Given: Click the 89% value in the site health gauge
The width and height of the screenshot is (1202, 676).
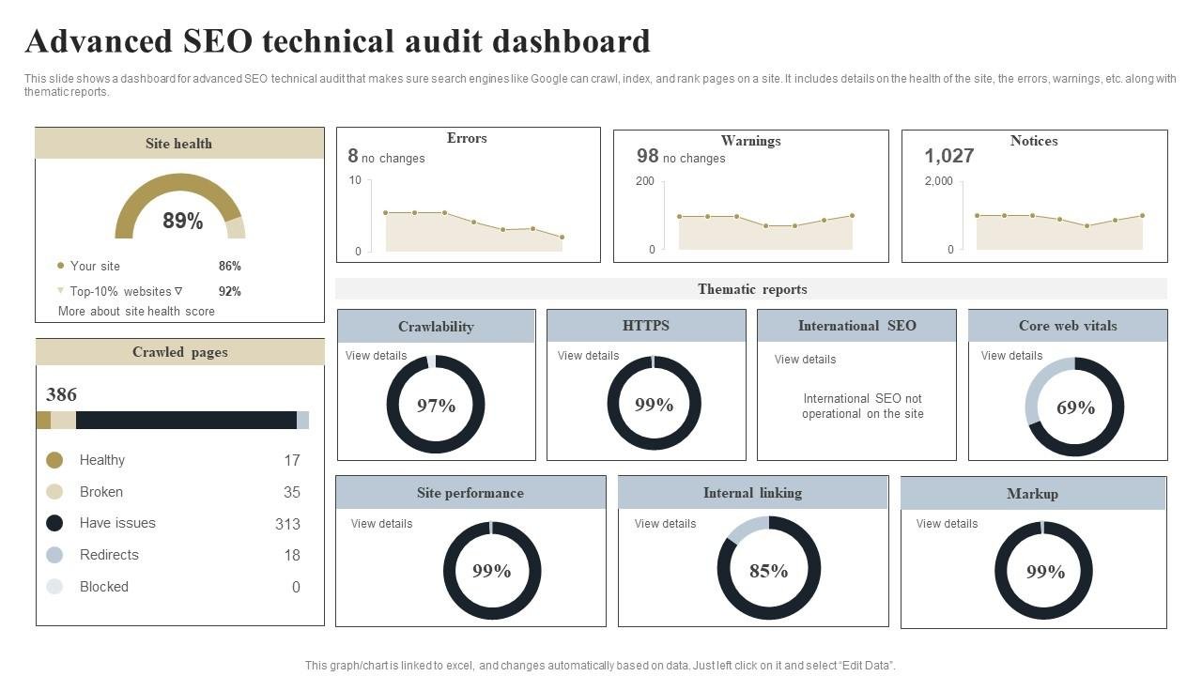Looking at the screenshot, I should coord(182,221).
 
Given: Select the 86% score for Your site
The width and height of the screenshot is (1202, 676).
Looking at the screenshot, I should coord(229,266).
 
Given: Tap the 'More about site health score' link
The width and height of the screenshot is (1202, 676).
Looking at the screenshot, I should coord(136,311).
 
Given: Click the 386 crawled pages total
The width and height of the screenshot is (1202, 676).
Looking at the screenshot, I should coord(61,394).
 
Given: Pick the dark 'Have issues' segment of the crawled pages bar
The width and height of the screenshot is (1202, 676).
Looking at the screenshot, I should coord(186,420).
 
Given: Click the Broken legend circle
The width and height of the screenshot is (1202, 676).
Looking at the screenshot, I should coord(54,492).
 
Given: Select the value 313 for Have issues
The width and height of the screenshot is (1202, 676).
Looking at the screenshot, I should coord(287,524).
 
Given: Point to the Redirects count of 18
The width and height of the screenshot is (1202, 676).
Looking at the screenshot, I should coord(292,555).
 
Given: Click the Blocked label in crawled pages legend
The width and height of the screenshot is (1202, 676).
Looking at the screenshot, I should coord(103,587).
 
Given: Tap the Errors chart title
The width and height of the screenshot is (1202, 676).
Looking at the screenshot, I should coord(467,138).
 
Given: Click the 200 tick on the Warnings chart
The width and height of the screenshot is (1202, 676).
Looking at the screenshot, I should coord(644,180).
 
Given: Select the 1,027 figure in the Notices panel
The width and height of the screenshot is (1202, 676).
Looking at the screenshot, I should coord(948,156).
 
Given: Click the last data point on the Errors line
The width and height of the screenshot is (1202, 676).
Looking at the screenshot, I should coord(562,237).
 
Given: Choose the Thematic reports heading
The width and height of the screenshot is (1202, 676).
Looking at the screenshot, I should coord(751,289).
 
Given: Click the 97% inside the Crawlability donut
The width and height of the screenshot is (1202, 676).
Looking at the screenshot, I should coord(436,406).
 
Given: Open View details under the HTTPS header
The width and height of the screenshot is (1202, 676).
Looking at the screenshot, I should coord(588,356).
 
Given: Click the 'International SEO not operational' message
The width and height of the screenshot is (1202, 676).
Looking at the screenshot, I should coord(862,406).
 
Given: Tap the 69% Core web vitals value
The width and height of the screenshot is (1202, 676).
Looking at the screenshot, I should coord(1075,407).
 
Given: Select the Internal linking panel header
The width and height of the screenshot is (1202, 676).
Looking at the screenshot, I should coord(752,493).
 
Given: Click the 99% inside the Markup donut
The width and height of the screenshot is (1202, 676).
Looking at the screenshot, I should coord(1044,572).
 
